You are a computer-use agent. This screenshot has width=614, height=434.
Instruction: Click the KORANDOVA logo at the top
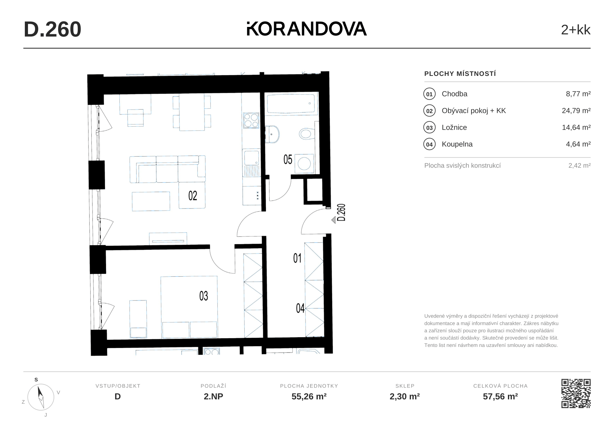click(307, 29)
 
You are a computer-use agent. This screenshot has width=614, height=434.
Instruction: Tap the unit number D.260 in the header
click(53, 29)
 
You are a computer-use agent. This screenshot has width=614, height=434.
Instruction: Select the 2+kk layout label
click(575, 30)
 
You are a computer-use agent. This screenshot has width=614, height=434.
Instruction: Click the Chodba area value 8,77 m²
click(578, 94)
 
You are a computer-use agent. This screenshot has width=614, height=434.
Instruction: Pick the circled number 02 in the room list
click(430, 111)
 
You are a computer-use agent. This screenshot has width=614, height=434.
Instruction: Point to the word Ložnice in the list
click(454, 127)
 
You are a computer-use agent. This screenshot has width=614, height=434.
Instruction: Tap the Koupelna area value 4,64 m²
click(578, 144)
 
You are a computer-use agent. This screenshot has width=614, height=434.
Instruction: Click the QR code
click(576, 393)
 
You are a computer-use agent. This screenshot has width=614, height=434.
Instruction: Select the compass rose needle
click(41, 397)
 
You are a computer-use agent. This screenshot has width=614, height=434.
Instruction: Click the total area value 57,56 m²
click(500, 397)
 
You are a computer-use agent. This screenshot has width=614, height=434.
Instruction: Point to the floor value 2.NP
click(214, 397)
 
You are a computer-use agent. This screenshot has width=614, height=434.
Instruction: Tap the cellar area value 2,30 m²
click(405, 397)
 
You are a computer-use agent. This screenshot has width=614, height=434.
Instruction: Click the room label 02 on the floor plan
click(193, 195)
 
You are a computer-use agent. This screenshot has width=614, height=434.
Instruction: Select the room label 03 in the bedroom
click(204, 296)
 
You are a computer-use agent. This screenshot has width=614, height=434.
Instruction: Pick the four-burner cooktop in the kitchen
click(251, 120)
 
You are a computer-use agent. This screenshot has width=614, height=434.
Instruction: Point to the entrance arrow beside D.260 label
click(333, 220)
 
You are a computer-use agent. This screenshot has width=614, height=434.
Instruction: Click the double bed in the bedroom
click(189, 307)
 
